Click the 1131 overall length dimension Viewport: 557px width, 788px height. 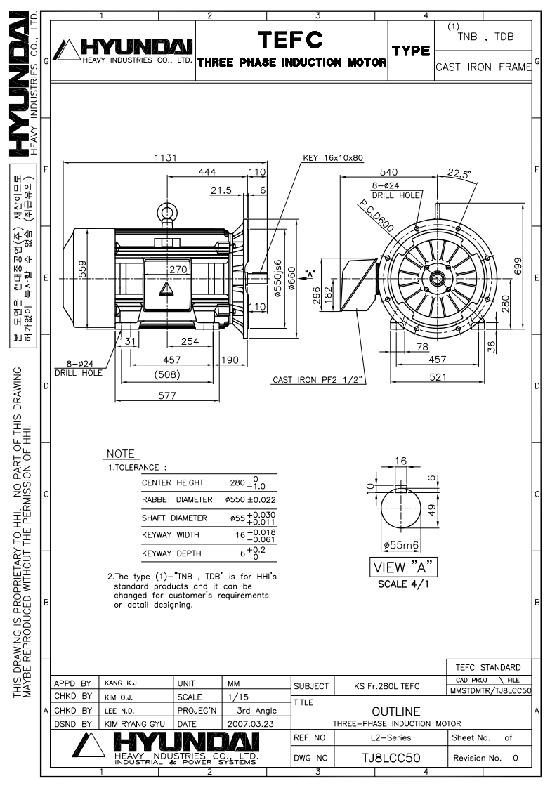(x=165, y=157)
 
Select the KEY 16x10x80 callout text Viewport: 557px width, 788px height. (x=333, y=157)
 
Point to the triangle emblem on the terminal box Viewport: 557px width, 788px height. (x=165, y=289)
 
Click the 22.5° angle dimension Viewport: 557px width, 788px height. (x=459, y=173)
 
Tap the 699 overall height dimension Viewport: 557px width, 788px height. (x=518, y=266)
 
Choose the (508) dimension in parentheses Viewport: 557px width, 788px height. (x=167, y=374)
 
